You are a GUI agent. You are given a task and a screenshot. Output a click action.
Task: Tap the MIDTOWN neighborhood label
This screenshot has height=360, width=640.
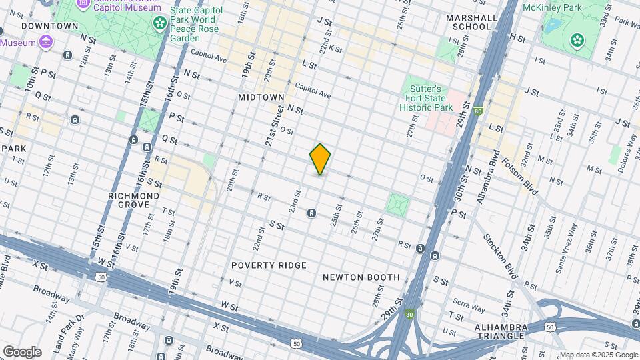tap(261, 97)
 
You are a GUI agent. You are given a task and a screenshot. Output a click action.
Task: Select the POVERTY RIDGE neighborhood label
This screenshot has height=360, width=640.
tap(269, 265)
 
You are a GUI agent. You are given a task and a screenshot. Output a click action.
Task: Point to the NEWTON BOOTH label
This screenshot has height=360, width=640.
tap(361, 277)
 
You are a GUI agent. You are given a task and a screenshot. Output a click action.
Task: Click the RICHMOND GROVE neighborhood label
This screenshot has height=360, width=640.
tap(134, 201)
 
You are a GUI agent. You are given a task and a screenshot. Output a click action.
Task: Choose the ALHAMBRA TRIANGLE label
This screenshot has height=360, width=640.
tap(502, 331)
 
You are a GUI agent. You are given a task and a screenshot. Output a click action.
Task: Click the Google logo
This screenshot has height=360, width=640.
tap(22, 352)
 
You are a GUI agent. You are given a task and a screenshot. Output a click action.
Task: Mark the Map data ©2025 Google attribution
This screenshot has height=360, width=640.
tap(598, 355)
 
